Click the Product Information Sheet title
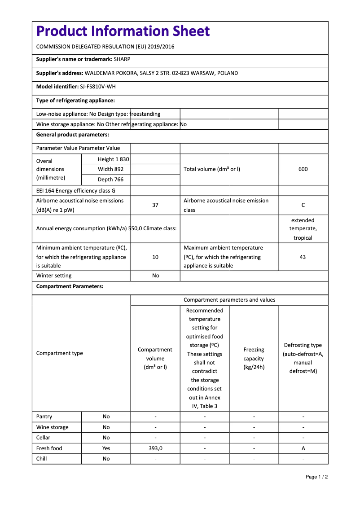pos(123,31)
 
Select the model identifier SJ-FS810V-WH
pos(95,87)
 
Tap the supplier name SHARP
pos(122,59)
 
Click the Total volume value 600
pos(303,169)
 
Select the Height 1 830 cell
pos(113,159)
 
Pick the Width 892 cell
pos(111,169)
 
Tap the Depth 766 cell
pos(111,180)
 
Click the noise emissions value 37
pos(155,205)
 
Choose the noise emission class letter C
pos(303,205)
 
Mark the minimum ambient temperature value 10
pos(155,257)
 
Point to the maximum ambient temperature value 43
pos(303,257)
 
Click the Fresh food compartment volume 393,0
pos(155,448)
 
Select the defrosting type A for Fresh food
pos(303,448)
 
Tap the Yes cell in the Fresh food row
pos(106,448)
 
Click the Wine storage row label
pos(53,427)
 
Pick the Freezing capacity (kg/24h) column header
pos(254,358)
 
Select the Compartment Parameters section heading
pos(70,286)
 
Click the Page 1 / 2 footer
pos(316,477)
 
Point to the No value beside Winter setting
pos(155,276)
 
